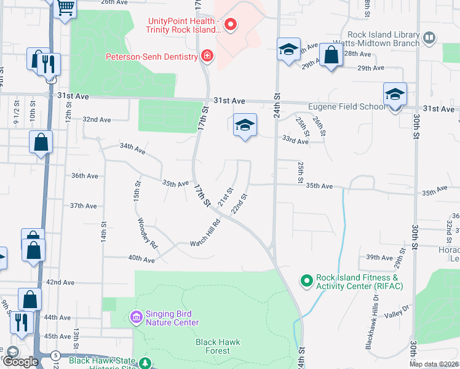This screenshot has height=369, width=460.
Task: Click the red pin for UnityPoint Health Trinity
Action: tap(231, 25)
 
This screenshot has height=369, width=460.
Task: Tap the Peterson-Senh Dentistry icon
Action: tap(208, 57)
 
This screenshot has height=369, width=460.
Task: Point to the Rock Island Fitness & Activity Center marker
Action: tap(306, 282)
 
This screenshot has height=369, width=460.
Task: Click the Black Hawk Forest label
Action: tap(217, 346)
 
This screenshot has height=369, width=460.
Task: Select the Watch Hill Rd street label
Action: tap(205, 233)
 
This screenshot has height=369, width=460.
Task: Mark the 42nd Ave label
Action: tap(60, 282)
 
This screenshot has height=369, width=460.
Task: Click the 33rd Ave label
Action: tap(295, 141)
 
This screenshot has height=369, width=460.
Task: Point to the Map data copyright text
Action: tap(434, 364)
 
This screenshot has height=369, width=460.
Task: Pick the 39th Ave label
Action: tap(379, 258)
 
